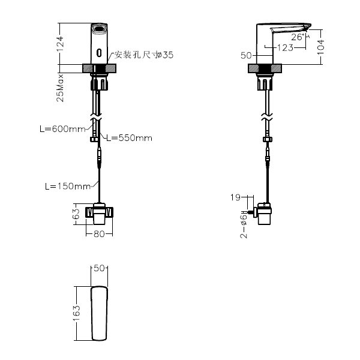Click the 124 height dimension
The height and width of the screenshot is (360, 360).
click(61, 43)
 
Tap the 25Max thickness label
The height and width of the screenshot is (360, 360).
click(60, 88)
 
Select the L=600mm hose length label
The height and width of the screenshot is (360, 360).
click(62, 129)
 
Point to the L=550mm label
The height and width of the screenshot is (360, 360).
click(130, 138)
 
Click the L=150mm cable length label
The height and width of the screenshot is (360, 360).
click(68, 186)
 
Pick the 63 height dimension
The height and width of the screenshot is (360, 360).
click(76, 214)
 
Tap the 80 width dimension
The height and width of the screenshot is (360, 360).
click(99, 234)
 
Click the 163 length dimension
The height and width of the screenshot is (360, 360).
click(76, 313)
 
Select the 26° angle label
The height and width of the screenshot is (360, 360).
click(298, 37)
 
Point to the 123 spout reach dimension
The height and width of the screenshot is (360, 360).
click(285, 48)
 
